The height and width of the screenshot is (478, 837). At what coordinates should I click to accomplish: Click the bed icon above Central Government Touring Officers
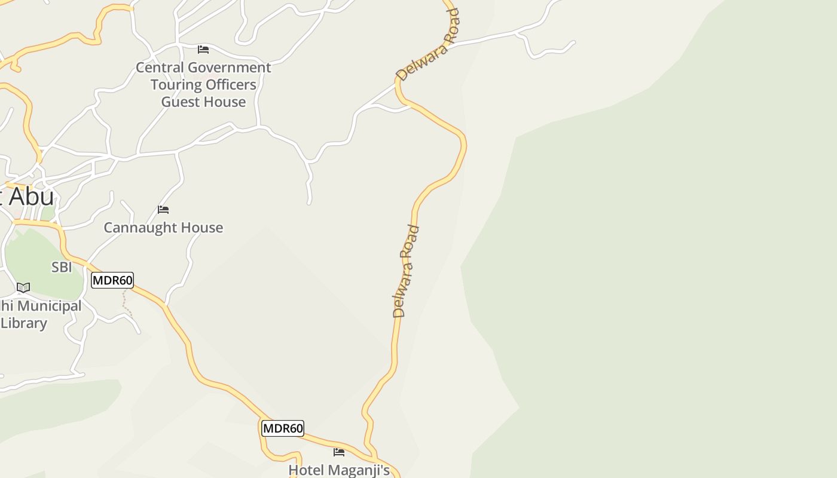pyautogui.click(x=203, y=49)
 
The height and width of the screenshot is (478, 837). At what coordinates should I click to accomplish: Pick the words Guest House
pyautogui.click(x=203, y=102)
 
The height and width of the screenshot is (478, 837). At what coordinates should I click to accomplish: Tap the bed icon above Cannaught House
pyautogui.click(x=163, y=210)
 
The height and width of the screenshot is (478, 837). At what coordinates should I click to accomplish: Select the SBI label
pyautogui.click(x=62, y=267)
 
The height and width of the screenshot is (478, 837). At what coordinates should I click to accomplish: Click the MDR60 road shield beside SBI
pyautogui.click(x=112, y=280)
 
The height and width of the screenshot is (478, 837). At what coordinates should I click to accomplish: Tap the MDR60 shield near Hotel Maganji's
pyautogui.click(x=283, y=428)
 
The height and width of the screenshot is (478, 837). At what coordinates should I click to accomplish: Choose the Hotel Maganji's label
pyautogui.click(x=339, y=470)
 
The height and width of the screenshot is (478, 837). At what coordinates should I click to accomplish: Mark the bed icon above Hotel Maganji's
pyautogui.click(x=339, y=452)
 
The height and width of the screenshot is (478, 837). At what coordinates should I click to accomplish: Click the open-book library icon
pyautogui.click(x=23, y=288)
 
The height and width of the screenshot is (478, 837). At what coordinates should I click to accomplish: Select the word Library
pyautogui.click(x=24, y=323)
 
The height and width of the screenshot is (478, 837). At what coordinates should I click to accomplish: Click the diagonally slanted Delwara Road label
pyautogui.click(x=428, y=45)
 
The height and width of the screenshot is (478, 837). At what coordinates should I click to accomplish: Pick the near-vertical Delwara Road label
pyautogui.click(x=406, y=271)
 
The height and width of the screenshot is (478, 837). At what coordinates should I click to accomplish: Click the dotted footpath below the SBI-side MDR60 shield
pyautogui.click(x=126, y=302)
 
